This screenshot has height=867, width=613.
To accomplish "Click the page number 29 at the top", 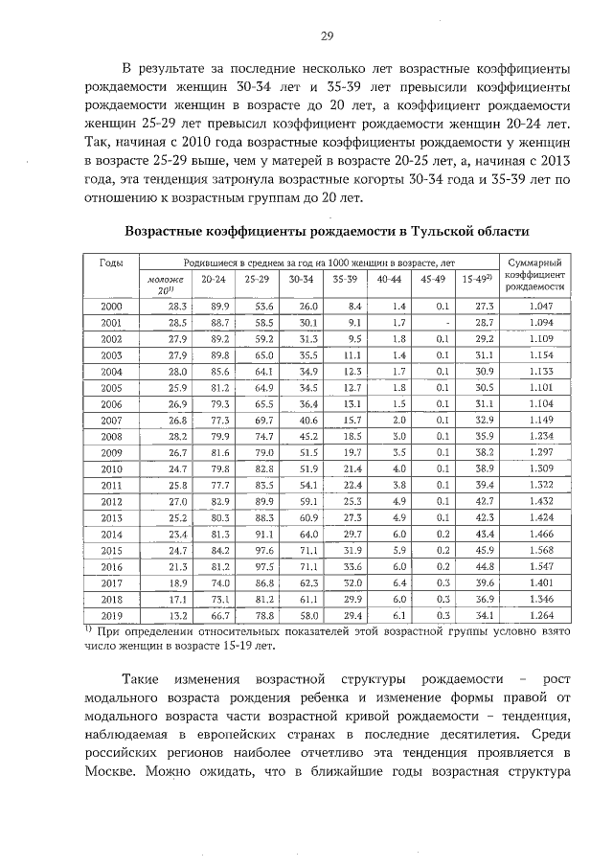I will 326,35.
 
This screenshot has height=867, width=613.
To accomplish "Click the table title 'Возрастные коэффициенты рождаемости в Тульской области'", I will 327,232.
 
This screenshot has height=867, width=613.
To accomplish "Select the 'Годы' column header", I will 111,262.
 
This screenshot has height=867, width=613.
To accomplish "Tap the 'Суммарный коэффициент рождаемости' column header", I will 534,273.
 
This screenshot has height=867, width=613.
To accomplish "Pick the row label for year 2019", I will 111,615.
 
